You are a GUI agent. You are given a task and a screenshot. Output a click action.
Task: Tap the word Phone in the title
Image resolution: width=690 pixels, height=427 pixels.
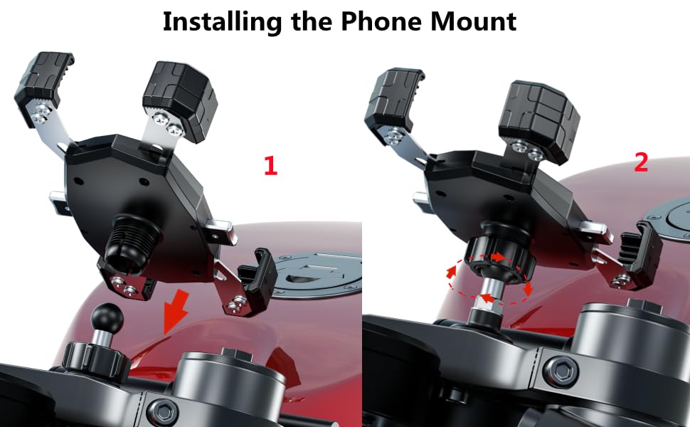[376, 21]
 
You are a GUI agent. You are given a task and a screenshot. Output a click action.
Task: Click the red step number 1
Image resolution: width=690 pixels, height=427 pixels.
[270, 166]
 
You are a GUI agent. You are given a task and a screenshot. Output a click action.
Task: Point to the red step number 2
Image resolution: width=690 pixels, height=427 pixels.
[641, 162]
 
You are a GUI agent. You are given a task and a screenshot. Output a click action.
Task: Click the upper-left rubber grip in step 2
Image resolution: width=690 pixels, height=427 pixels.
[393, 96]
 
